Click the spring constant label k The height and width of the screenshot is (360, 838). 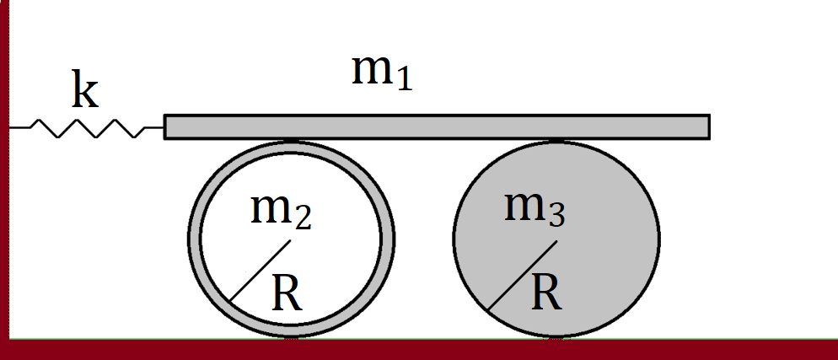[84, 91]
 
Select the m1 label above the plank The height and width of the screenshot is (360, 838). [382, 73]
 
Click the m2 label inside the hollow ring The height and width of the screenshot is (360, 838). [282, 210]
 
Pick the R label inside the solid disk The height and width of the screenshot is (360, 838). [547, 293]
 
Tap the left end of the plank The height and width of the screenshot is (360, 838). [166, 126]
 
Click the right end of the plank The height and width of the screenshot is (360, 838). [707, 126]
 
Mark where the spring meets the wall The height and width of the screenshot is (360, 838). [11, 127]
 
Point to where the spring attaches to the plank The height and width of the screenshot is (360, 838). [164, 127]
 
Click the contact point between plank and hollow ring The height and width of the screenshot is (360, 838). [291, 140]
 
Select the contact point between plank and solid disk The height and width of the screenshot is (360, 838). [556, 140]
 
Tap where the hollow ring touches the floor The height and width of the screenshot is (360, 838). [291, 338]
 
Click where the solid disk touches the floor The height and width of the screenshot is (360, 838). [556, 338]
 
